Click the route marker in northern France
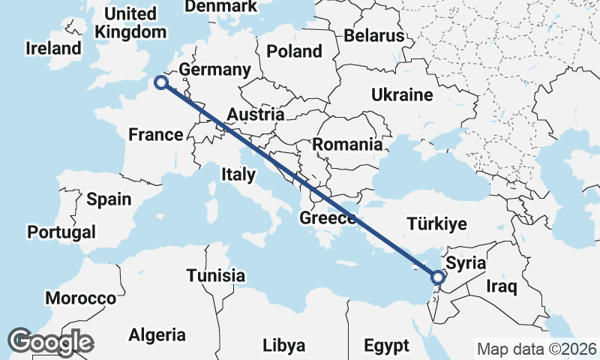point(160,83)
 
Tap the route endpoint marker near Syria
point(438,278)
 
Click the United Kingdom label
point(131,23)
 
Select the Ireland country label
point(52,49)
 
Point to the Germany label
point(214,70)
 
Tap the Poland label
point(296,52)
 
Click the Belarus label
point(374,36)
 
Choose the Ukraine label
point(402,95)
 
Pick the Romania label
point(347,144)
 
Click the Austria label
point(255,115)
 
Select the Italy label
point(238,174)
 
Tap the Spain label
point(108,199)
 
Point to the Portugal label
point(61,232)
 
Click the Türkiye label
point(436,223)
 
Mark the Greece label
point(327,219)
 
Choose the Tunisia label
point(215,275)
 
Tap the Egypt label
point(386,346)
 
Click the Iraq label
point(501,286)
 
